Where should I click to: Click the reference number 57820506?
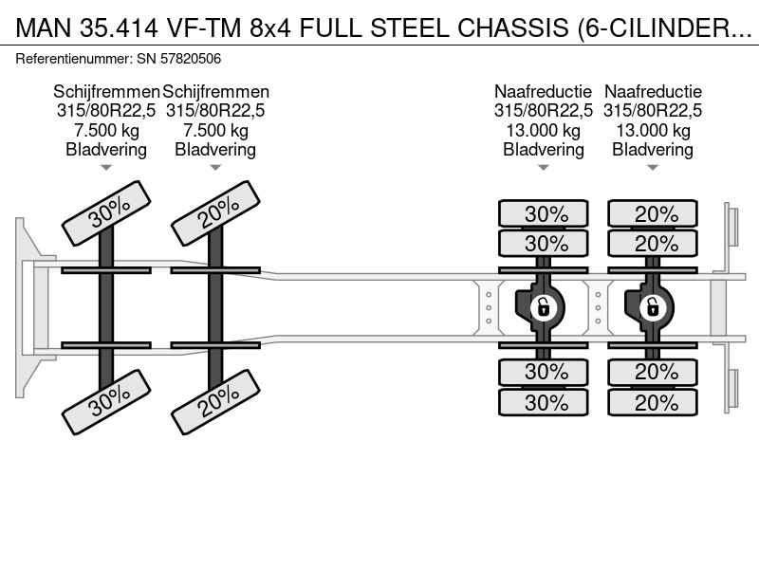point(191,59)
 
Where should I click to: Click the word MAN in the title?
point(44,28)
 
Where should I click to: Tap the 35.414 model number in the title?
point(120,28)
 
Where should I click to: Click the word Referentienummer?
point(74,59)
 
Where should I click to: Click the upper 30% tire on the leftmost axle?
point(106,213)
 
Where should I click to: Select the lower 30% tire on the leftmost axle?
point(106,402)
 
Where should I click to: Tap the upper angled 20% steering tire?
point(216,213)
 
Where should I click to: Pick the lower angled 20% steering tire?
point(216,402)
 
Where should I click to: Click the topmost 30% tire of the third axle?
point(544,213)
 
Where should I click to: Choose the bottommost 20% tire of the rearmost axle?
point(653,402)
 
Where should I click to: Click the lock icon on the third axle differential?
point(543,307)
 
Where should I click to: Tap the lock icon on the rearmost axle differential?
point(653,307)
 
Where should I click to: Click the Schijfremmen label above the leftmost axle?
point(106,91)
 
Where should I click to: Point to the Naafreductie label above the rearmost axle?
point(653,91)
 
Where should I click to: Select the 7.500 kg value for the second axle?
point(216,130)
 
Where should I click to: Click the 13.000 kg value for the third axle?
point(544,130)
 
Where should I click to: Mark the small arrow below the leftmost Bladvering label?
point(106,168)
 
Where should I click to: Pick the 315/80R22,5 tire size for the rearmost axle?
point(653,111)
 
